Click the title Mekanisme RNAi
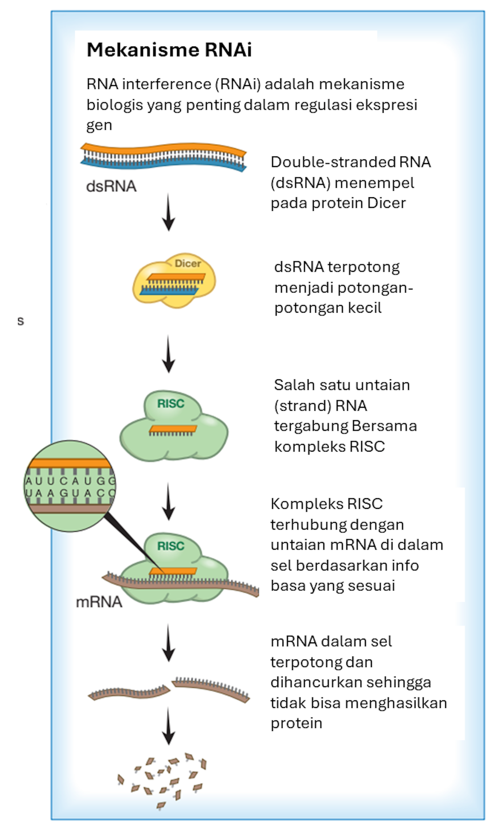coord(169,50)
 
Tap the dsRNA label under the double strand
coord(111,187)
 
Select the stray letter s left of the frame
coord(21,320)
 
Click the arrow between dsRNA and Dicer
coord(168,212)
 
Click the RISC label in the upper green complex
coord(171,403)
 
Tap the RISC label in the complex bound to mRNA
coord(171,546)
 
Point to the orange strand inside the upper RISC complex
coord(173,429)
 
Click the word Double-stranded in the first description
coord(333,162)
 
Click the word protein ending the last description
coord(296,723)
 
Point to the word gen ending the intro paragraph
coord(99,126)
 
